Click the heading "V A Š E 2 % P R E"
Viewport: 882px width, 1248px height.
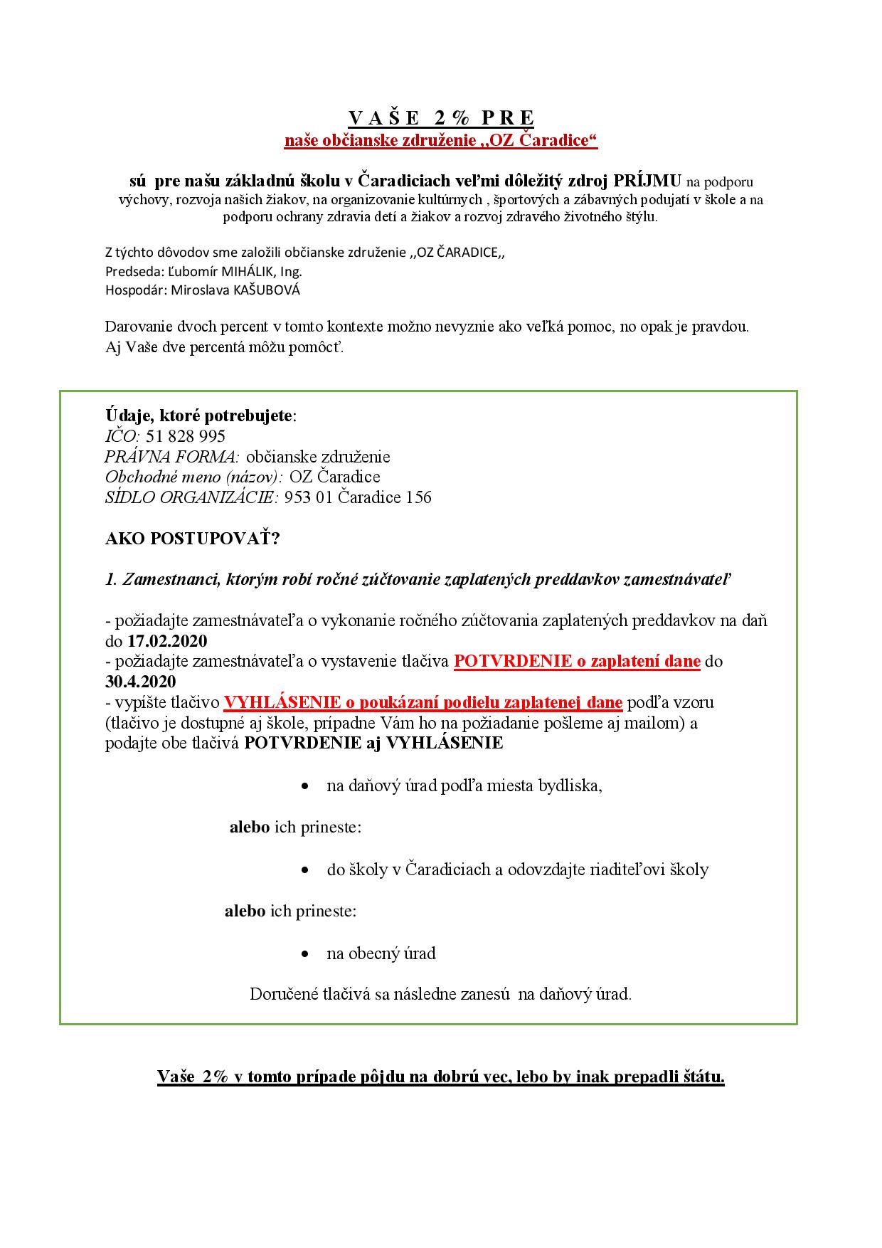point(441,117)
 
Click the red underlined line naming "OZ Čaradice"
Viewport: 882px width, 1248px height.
point(441,141)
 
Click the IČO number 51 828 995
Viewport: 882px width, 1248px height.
point(186,436)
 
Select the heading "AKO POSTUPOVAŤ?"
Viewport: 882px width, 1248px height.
point(193,539)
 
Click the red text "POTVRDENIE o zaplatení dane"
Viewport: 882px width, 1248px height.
point(578,661)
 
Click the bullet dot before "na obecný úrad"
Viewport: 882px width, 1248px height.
point(305,954)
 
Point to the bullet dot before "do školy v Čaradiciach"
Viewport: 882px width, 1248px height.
point(305,870)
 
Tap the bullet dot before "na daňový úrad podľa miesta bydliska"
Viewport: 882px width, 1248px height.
point(305,787)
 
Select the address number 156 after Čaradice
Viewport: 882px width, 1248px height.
point(418,497)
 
